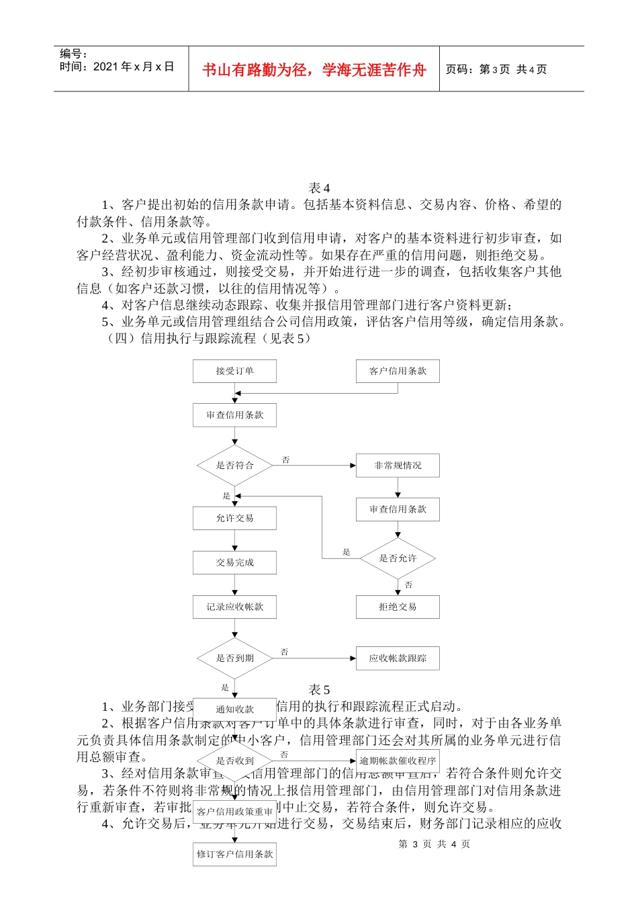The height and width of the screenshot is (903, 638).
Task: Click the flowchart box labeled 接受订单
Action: click(234, 371)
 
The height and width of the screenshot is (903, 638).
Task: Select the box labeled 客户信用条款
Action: click(398, 371)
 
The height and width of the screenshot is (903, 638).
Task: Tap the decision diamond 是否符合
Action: click(234, 465)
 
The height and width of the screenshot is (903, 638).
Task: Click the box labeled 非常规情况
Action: click(398, 465)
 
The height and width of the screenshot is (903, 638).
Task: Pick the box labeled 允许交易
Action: click(234, 518)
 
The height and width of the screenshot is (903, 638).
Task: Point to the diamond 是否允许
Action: click(398, 558)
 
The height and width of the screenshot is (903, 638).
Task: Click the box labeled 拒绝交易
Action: click(398, 607)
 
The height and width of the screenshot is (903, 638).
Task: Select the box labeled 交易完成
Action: click(234, 562)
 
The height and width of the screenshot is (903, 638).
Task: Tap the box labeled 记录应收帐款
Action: click(234, 607)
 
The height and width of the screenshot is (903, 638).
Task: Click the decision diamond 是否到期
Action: click(234, 658)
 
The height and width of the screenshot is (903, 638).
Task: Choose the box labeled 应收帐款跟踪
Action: click(398, 658)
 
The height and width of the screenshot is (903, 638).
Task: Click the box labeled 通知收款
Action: click(234, 709)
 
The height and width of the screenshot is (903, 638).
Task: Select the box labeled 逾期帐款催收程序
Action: click(398, 761)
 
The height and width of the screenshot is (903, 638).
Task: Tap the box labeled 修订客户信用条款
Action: click(234, 854)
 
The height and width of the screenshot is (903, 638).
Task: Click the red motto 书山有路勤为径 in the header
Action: click(314, 70)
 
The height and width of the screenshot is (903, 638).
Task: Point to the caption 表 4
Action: click(319, 188)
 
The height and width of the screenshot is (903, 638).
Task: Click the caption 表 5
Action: click(319, 690)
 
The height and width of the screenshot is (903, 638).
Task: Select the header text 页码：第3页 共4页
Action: click(496, 69)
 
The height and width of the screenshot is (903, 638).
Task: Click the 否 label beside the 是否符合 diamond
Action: click(286, 460)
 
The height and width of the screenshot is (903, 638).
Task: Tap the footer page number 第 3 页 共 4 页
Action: click(434, 844)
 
